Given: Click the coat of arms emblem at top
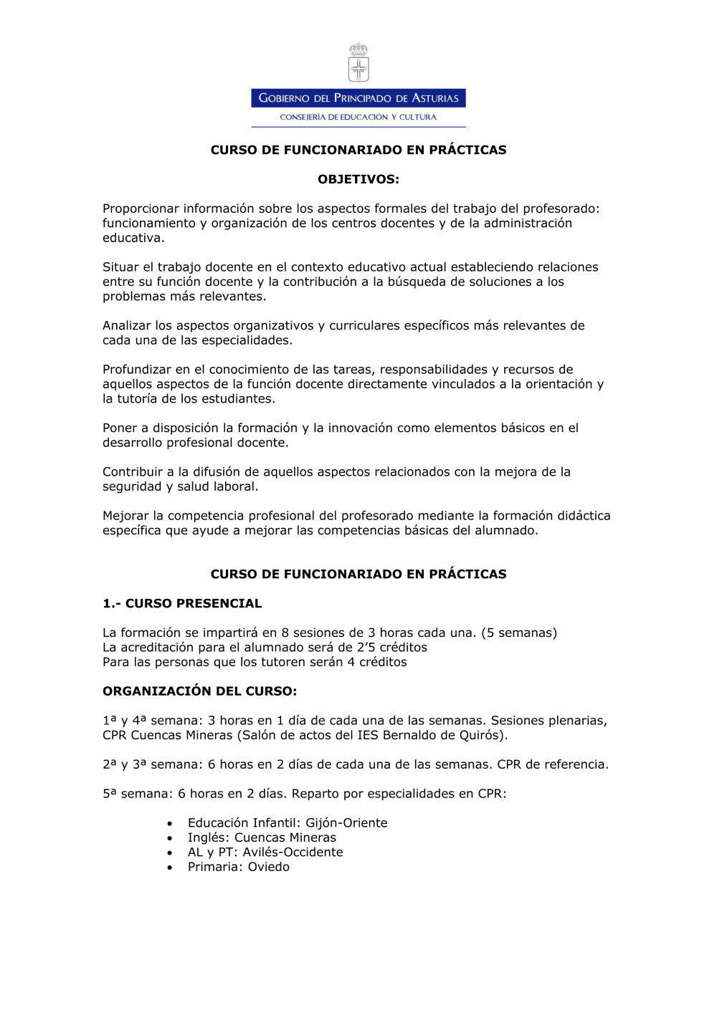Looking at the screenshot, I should [x=358, y=63].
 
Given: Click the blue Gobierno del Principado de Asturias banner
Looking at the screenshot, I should [x=358, y=98].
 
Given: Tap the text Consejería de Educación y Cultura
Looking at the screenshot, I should [x=358, y=117].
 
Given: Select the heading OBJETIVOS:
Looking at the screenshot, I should [x=358, y=179].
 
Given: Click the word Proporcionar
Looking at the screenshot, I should [x=141, y=208].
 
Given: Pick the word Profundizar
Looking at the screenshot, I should [x=137, y=370].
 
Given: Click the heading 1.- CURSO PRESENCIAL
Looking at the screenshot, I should [x=182, y=603].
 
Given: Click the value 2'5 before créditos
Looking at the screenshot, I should [x=366, y=648].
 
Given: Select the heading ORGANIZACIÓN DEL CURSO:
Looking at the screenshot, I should [x=199, y=691].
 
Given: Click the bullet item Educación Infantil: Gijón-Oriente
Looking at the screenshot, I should [x=287, y=823].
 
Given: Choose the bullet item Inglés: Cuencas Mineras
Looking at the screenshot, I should [x=262, y=837].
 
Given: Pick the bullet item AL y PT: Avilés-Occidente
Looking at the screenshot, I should [x=265, y=853].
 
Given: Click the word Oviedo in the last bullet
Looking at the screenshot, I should [x=269, y=867].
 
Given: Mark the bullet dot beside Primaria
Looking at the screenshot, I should [x=170, y=868].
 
